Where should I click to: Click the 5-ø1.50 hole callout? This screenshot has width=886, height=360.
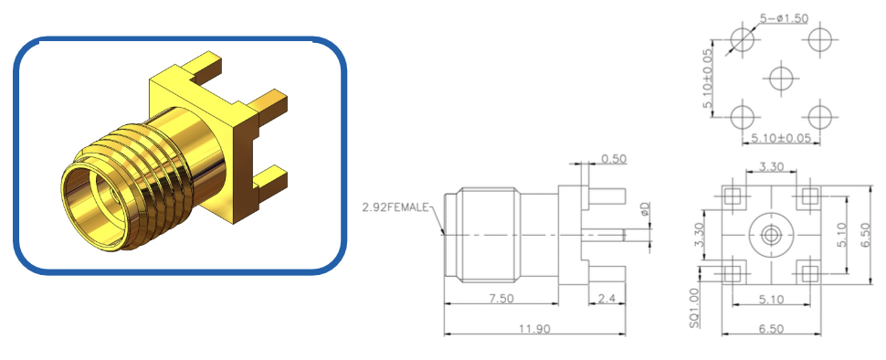pos(784,18)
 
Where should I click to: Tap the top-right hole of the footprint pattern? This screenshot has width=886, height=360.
pos(819,39)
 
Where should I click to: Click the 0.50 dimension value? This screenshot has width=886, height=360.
pos(614,159)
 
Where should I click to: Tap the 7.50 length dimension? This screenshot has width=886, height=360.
pos(500,299)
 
